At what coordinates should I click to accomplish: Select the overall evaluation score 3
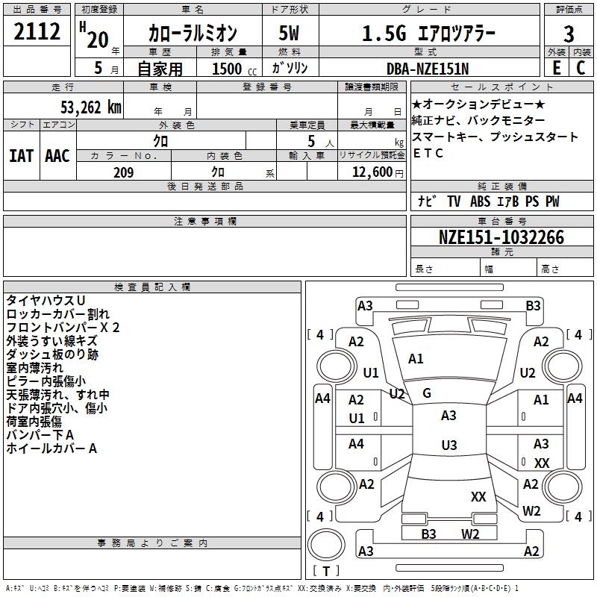pos(569,34)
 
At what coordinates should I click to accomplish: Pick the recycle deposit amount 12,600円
pos(371,172)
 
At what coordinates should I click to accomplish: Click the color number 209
pos(123,172)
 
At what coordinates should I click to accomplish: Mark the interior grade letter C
pos(580,67)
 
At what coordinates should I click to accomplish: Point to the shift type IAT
pos(21,156)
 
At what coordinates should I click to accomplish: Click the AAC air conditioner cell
pos(57,156)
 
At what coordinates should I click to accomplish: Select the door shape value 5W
pos(290,34)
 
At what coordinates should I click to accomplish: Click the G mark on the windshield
pos(427,393)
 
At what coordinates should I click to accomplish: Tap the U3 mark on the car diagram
pos(448,446)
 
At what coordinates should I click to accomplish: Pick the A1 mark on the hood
pos(416,359)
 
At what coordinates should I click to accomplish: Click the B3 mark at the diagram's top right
pos(533,305)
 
